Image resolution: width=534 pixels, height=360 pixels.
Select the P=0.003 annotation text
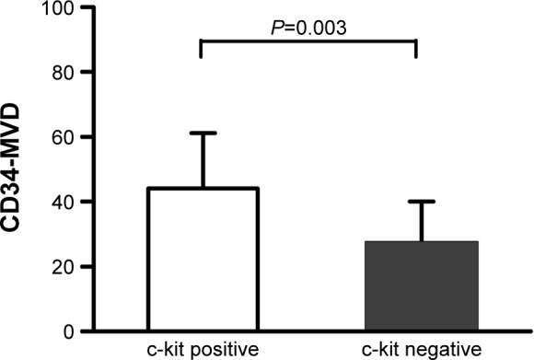[308, 28]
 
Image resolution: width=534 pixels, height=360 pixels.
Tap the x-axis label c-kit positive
[202, 349]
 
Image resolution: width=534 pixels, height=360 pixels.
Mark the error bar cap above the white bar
[202, 133]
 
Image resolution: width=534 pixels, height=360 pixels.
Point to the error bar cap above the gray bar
[417, 202]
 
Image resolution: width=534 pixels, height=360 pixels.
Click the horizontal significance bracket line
[308, 41]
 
